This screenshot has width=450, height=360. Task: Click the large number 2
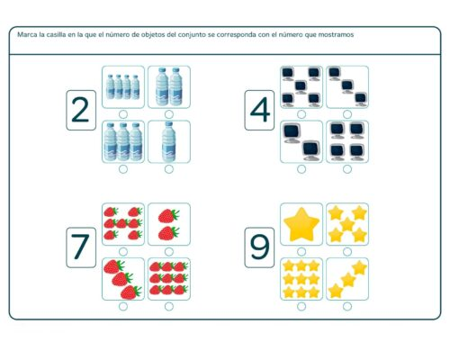80,110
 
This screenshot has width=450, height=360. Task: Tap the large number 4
260,110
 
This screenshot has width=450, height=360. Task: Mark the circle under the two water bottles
168,113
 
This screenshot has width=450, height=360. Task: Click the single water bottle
168,142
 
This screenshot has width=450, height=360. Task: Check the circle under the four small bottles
122,113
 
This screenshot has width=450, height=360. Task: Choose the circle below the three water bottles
122,168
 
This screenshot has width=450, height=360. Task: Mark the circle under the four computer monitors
346,168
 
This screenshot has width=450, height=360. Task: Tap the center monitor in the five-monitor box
301,86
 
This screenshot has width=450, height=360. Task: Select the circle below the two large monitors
301,168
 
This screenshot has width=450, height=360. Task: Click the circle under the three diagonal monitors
346,113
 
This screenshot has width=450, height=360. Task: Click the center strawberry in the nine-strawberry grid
168,278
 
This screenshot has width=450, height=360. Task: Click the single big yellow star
301,224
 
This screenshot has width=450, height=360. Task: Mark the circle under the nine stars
301,305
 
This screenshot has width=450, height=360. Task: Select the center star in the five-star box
346,224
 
